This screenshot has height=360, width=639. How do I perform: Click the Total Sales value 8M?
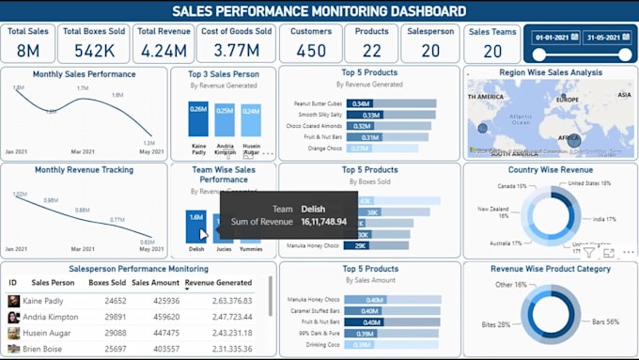[28, 50]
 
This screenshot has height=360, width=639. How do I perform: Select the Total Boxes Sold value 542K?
[94, 50]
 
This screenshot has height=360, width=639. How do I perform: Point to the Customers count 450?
[311, 50]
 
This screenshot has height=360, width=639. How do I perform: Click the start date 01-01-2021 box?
[551, 38]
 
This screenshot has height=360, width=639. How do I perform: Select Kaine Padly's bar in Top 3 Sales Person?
[198, 120]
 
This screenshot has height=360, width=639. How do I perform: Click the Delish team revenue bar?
[195, 227]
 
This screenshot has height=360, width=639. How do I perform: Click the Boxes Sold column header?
[107, 282]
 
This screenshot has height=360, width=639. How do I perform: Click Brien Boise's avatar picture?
[14, 349]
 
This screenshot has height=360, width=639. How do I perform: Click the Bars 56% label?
[605, 321]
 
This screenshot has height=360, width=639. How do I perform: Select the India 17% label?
[604, 219]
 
